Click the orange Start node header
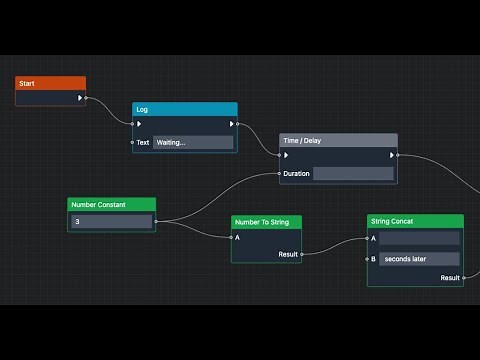pos(50,84)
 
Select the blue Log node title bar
pos(185,109)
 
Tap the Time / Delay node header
pos(338,141)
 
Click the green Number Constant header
pos(112,204)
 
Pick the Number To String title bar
pos(266,222)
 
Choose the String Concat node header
pos(415,221)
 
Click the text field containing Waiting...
pos(193,142)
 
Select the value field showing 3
pos(112,221)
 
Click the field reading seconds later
pos(419,259)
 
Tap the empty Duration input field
pos(353,173)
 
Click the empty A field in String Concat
pos(419,239)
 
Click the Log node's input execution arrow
pos(140,125)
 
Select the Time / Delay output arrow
pos(390,155)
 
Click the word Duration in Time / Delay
pos(296,174)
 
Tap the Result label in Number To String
pos(287,255)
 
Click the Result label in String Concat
pos(450,278)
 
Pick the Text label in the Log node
pos(143,142)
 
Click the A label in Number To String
pos(237,238)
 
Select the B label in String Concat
pos(374,259)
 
